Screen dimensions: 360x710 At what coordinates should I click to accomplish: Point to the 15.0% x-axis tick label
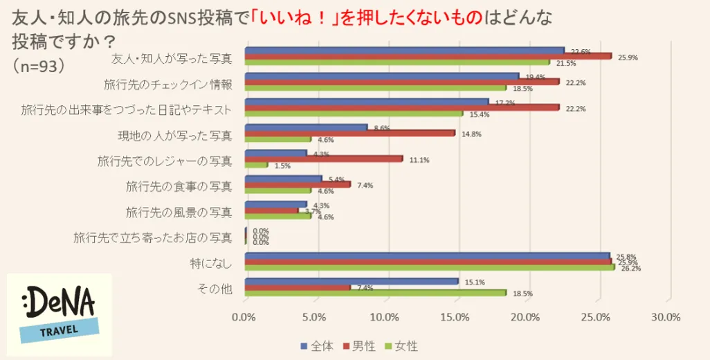click(x=455, y=317)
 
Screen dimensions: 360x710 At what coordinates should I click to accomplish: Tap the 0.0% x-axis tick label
click(x=244, y=317)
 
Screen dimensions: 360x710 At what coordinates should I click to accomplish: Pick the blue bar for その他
click(x=352, y=281)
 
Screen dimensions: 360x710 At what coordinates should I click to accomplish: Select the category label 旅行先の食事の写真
click(x=179, y=186)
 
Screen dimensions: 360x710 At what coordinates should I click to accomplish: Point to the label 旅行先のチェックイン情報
click(x=167, y=84)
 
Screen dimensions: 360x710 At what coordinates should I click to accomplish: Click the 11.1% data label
click(x=419, y=160)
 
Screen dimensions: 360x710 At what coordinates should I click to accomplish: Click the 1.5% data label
click(x=282, y=166)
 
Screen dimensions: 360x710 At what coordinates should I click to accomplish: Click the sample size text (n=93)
click(x=39, y=64)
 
